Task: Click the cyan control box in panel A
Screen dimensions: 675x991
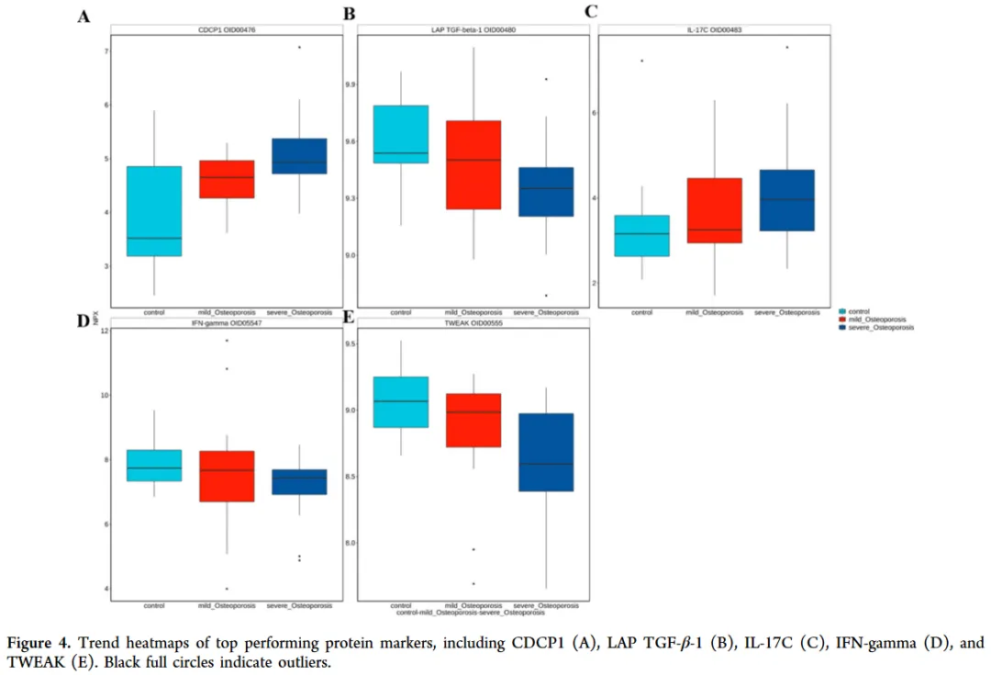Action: coord(154,211)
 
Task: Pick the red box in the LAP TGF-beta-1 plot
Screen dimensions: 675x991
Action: coord(473,165)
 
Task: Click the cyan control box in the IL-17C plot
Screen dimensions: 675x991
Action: coord(642,236)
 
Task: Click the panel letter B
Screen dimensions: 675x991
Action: coord(349,14)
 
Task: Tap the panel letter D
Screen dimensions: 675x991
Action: coord(83,321)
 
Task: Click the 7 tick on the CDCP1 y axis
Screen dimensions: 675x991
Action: coord(107,51)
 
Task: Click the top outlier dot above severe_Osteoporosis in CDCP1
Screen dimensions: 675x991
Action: coord(299,47)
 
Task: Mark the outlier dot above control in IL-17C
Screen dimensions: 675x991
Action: coord(642,61)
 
